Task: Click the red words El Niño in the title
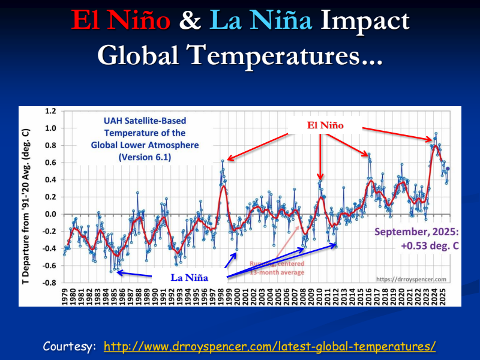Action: (122, 21)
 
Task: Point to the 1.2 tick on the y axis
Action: (50, 112)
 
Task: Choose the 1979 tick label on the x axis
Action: (65, 295)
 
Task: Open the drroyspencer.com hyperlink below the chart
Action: (269, 347)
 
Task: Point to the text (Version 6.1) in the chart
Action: (145, 157)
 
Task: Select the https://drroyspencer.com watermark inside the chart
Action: (411, 279)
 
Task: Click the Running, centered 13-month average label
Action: (277, 268)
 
